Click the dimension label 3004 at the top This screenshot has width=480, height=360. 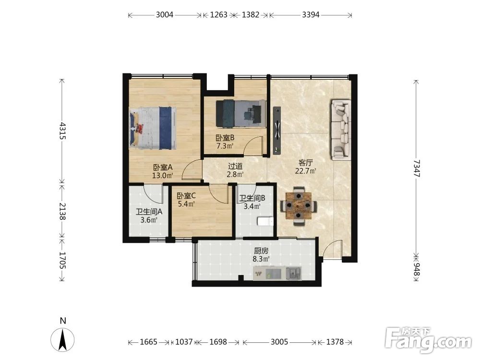164,15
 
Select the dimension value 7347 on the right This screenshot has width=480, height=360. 416,168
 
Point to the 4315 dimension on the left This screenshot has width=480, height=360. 62,131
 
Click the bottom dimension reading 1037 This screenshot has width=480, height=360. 184,342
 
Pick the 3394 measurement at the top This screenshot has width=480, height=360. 311,15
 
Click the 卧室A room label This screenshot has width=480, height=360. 163,168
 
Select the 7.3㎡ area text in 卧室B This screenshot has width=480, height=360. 225,146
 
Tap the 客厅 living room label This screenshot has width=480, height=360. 305,163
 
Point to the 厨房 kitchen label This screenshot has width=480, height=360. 261,251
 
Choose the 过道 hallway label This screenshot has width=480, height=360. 235,167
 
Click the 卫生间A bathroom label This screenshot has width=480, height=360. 149,212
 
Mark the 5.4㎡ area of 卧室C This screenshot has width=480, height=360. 186,204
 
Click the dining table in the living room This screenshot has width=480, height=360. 299,206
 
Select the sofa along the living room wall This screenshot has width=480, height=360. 340,130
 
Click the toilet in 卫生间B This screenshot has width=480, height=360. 265,221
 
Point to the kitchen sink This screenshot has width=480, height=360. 294,273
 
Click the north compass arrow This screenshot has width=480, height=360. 63,340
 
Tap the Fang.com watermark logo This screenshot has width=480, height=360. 428,340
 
